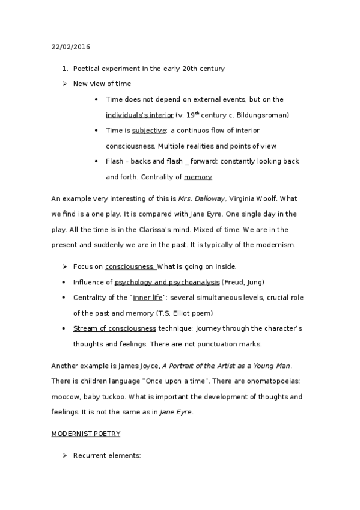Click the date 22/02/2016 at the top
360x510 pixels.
71,46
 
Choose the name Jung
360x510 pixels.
255,282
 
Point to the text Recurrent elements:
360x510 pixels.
106,456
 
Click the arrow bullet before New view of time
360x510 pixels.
64,84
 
